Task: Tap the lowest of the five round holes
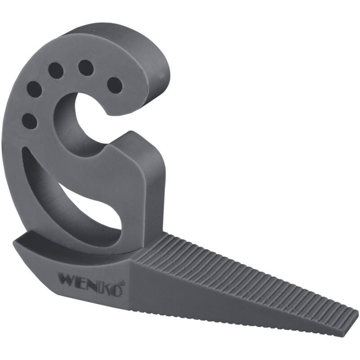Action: click(x=30, y=121)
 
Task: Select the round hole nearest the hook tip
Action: click(x=115, y=85)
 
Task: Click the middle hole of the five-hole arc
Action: click(x=56, y=70)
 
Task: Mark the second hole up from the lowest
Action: click(x=34, y=89)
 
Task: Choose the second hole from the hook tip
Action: click(x=86, y=68)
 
